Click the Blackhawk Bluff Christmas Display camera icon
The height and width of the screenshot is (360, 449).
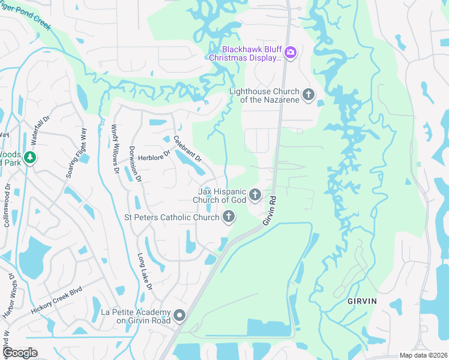click(291, 53)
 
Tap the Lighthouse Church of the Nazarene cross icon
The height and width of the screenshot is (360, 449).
click(309, 95)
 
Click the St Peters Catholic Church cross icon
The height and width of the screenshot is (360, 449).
click(228, 217)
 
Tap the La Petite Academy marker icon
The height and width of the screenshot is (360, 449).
click(179, 316)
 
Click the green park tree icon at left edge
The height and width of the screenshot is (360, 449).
click(30, 158)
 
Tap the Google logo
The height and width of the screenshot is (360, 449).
click(20, 353)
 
